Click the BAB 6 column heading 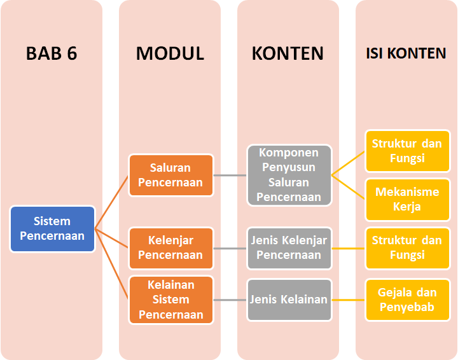tap(52, 53)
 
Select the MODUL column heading tap(170, 53)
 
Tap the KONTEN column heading tap(288, 53)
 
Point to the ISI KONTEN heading tap(406, 53)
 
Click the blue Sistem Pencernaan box tap(53, 228)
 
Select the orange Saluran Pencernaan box tap(171, 175)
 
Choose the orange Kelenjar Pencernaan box tap(171, 248)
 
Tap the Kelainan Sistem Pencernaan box tap(171, 300)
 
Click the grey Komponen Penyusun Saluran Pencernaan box tap(289, 175)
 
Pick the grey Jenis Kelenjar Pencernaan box tap(289, 248)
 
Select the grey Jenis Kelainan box tap(289, 300)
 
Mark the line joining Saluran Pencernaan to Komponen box tap(230, 175)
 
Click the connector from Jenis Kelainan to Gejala tap(349, 300)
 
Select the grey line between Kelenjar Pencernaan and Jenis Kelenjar tap(230, 248)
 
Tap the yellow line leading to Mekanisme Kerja tap(349, 187)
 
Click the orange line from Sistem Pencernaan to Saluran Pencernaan tap(112, 202)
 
